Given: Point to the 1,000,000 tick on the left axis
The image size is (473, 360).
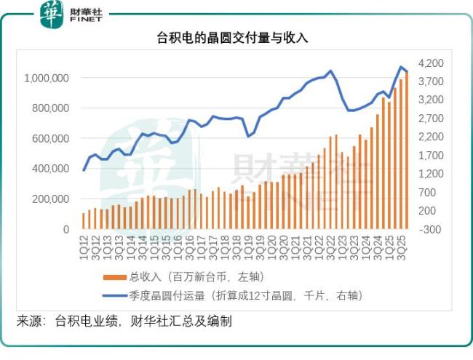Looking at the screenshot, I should (x=47, y=78).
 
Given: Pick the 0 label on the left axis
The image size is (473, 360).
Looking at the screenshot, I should (x=66, y=229).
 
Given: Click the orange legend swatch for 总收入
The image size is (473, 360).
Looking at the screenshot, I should (x=114, y=277).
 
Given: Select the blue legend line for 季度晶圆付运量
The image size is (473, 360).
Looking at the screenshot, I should (x=114, y=295).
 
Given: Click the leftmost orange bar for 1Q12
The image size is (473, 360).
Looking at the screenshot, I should (x=84, y=221).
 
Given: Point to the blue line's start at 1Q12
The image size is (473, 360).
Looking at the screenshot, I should (x=84, y=170).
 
